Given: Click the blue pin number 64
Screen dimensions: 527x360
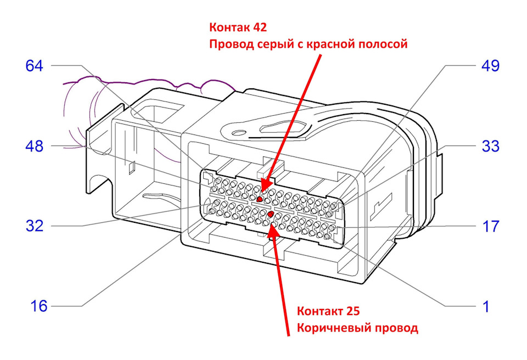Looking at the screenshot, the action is (34, 65).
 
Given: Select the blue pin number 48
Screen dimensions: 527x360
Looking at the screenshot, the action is (34, 146).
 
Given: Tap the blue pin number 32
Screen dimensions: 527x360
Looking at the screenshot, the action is (35, 226).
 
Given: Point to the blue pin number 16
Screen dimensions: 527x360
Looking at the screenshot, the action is (39, 306).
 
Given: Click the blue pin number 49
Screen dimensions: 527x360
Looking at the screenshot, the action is (490, 65).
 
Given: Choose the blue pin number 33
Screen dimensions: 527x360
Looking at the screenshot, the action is (490, 146).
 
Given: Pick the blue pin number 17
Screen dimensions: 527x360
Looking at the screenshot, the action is (491, 226).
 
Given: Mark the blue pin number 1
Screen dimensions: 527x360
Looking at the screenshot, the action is (486, 307).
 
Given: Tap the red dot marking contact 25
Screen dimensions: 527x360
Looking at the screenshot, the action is (270, 214).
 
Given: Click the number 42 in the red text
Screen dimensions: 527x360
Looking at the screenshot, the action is (260, 27).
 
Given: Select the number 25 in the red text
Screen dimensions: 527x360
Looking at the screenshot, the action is (352, 311).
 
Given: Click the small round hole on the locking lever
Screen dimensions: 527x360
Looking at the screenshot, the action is (239, 132).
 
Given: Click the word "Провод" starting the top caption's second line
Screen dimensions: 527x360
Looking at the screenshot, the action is (232, 44).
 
